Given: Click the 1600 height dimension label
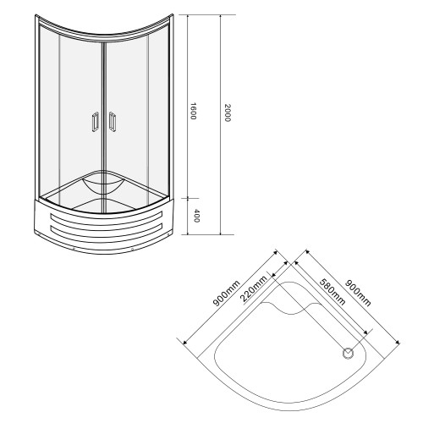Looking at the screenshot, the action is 193,111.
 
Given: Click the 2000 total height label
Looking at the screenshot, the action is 228,113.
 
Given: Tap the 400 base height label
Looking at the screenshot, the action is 197,216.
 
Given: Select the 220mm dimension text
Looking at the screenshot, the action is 253,288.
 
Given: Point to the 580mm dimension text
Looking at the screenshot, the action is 332,292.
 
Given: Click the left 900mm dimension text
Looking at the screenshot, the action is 227,294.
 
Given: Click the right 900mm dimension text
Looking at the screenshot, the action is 358,293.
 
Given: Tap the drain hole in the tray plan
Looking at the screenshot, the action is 349,353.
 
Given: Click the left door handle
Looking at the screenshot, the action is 95,122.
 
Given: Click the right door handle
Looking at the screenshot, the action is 113,122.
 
